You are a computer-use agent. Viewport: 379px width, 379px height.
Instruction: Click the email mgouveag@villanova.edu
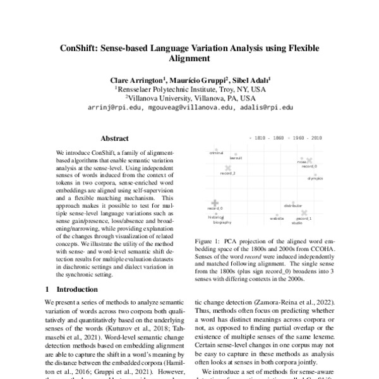tap(189, 107)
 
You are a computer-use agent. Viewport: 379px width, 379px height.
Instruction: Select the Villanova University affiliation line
tap(190, 99)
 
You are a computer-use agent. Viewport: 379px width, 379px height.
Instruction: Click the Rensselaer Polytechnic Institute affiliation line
tap(190, 90)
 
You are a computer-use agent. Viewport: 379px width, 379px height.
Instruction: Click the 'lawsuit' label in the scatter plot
tap(236, 159)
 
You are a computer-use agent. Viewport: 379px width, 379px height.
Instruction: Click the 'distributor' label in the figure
tap(293, 206)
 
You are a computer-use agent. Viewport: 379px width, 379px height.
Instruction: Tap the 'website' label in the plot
tap(277, 218)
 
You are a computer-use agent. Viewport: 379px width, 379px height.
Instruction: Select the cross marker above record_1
tap(304, 213)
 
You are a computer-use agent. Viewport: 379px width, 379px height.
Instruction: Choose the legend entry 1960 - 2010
tap(308, 136)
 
